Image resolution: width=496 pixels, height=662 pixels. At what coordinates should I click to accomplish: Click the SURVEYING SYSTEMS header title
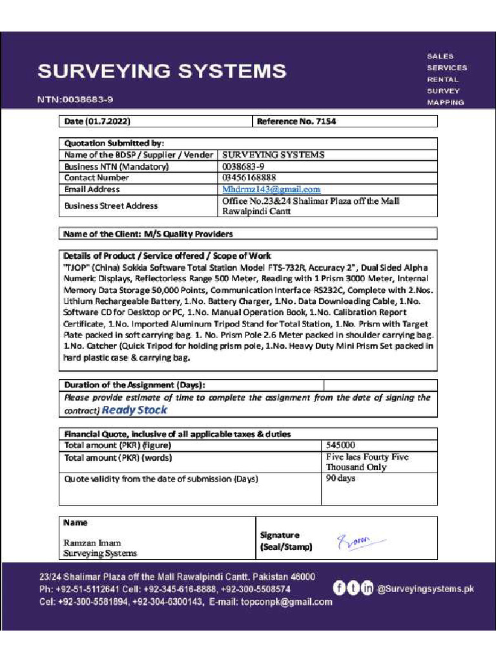pyautogui.click(x=161, y=71)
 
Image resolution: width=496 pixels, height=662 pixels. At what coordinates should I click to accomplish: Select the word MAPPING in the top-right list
pyautogui.click(x=445, y=102)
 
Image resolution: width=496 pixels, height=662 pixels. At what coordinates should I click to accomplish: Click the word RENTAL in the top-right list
pyautogui.click(x=442, y=80)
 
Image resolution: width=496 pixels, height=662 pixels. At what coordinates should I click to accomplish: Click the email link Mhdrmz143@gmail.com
pyautogui.click(x=271, y=189)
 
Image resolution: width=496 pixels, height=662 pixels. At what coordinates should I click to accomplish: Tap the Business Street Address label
pyautogui.click(x=110, y=206)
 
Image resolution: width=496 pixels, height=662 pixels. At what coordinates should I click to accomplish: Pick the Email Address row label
pyautogui.click(x=92, y=189)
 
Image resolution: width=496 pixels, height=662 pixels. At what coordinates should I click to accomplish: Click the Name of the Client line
pyautogui.click(x=149, y=233)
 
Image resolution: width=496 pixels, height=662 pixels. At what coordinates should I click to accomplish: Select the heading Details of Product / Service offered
pyautogui.click(x=167, y=256)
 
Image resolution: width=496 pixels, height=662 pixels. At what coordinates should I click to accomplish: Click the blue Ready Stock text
pyautogui.click(x=134, y=410)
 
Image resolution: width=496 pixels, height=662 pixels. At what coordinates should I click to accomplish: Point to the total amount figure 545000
pyautogui.click(x=340, y=445)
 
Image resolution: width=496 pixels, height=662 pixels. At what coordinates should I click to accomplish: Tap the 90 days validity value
pyautogui.click(x=340, y=478)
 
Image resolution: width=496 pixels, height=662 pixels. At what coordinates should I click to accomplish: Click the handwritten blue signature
pyautogui.click(x=360, y=541)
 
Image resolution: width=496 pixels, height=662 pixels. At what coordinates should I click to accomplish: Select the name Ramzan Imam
pyautogui.click(x=92, y=542)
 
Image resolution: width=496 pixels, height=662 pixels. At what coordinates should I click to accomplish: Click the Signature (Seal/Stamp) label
pyautogui.click(x=285, y=541)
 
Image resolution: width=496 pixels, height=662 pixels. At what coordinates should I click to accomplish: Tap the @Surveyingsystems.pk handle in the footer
pyautogui.click(x=425, y=588)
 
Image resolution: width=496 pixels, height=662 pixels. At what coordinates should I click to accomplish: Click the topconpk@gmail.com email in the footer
pyautogui.click(x=287, y=602)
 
